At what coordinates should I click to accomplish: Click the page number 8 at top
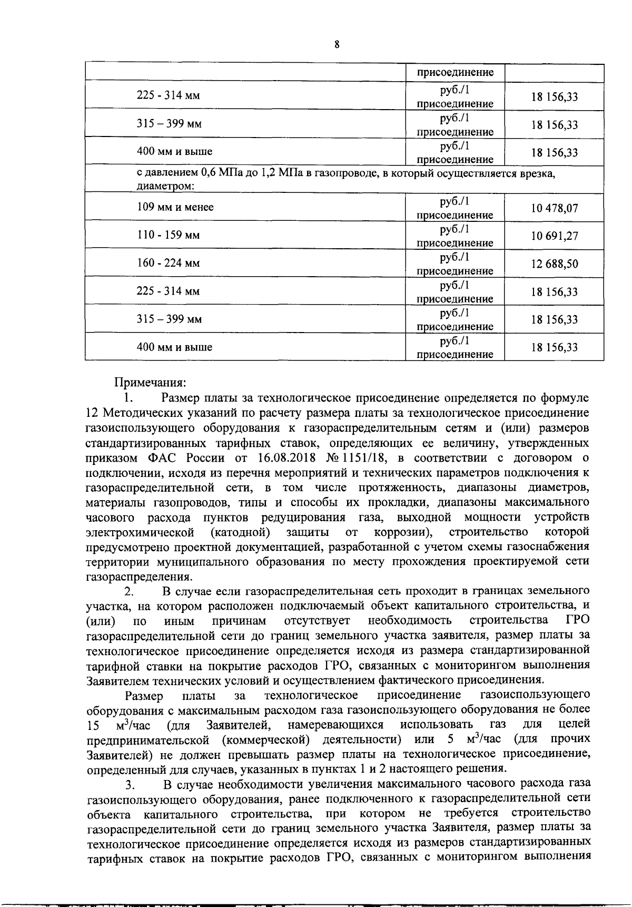(337, 45)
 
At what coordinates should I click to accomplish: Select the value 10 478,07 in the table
(554, 208)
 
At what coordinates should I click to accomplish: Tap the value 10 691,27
(554, 236)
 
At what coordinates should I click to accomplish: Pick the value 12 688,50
(554, 264)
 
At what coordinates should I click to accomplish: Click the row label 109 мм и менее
(175, 207)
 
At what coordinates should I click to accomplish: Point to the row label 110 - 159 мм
(168, 235)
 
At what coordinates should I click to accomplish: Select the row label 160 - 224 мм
(168, 263)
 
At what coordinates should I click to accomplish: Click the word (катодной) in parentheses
(240, 532)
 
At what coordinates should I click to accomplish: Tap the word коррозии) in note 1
(403, 532)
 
